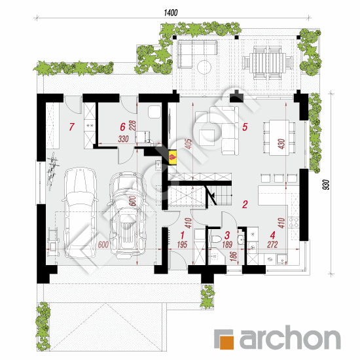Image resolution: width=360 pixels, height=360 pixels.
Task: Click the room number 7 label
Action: click(71, 127)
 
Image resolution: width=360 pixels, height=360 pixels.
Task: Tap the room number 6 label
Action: click(123, 127)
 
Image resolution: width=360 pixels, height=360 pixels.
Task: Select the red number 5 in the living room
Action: click(245, 127)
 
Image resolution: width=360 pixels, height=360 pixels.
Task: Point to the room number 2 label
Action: click(245, 204)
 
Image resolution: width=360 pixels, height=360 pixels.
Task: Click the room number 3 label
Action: click(227, 235)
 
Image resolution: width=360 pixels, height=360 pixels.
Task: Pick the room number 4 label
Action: click(273, 235)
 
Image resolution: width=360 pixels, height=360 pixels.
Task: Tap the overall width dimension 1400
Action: click(171, 12)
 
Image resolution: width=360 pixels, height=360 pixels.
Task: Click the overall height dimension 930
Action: click(326, 185)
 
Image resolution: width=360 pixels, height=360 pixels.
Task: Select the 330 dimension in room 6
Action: click(123, 139)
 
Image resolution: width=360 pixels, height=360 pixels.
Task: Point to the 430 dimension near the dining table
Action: click(281, 144)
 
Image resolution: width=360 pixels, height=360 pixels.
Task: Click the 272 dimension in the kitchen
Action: click(272, 245)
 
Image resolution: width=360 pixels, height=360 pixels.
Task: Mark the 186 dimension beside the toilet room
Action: click(234, 256)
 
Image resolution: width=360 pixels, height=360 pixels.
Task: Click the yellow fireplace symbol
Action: click(172, 158)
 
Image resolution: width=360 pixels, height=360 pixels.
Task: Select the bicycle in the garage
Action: click(52, 170)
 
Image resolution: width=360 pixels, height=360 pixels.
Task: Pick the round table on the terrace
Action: click(204, 67)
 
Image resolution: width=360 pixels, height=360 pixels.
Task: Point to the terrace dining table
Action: click(268, 62)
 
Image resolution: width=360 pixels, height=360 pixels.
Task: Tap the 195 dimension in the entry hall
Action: click(183, 245)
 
